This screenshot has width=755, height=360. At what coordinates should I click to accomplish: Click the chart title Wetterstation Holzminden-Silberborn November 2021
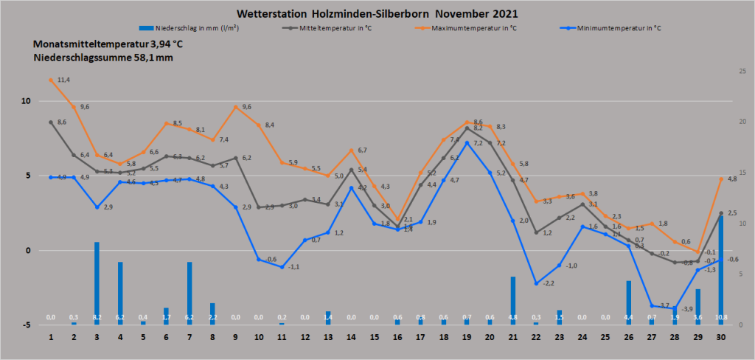point(377,14)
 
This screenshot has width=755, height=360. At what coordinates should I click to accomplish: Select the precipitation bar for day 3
point(97,283)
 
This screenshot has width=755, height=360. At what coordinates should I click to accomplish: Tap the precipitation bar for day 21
point(513,300)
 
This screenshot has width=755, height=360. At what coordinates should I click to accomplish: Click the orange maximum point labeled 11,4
point(51,80)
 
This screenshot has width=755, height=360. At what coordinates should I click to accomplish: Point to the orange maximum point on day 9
point(236,107)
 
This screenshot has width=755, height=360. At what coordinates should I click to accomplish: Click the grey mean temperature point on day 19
point(467,128)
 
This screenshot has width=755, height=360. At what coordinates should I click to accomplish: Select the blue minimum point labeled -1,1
point(282,267)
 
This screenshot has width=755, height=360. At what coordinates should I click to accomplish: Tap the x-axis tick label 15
point(375,336)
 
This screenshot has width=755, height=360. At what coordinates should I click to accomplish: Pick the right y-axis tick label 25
point(742,71)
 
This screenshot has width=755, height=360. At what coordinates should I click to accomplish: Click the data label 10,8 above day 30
point(721,318)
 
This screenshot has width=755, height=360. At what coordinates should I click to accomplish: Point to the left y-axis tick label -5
point(24,325)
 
